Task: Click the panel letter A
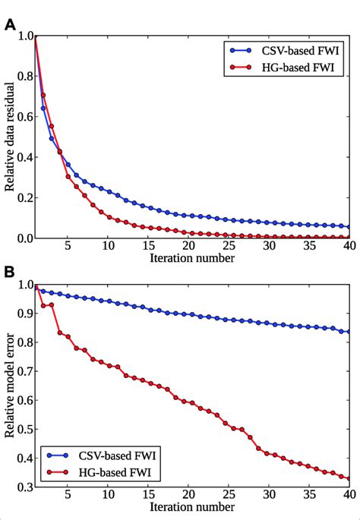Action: (x=10, y=24)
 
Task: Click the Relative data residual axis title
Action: (x=10, y=137)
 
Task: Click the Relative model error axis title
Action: (x=10, y=387)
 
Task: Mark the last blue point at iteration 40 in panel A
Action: (x=348, y=227)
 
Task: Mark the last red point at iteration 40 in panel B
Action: (x=348, y=478)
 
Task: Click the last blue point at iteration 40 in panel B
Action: (x=348, y=332)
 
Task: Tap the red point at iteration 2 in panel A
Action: (x=43, y=96)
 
